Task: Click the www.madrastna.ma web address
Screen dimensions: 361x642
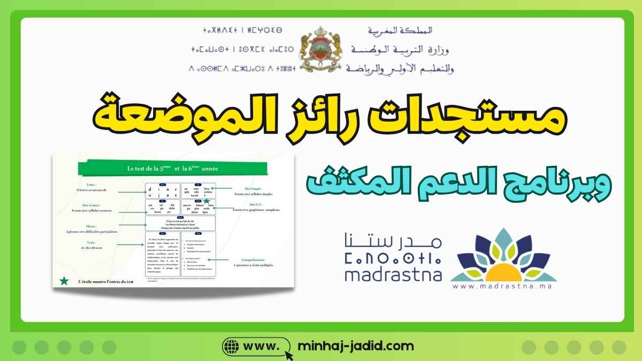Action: point(503,286)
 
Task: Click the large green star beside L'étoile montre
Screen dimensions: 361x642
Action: point(64,281)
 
